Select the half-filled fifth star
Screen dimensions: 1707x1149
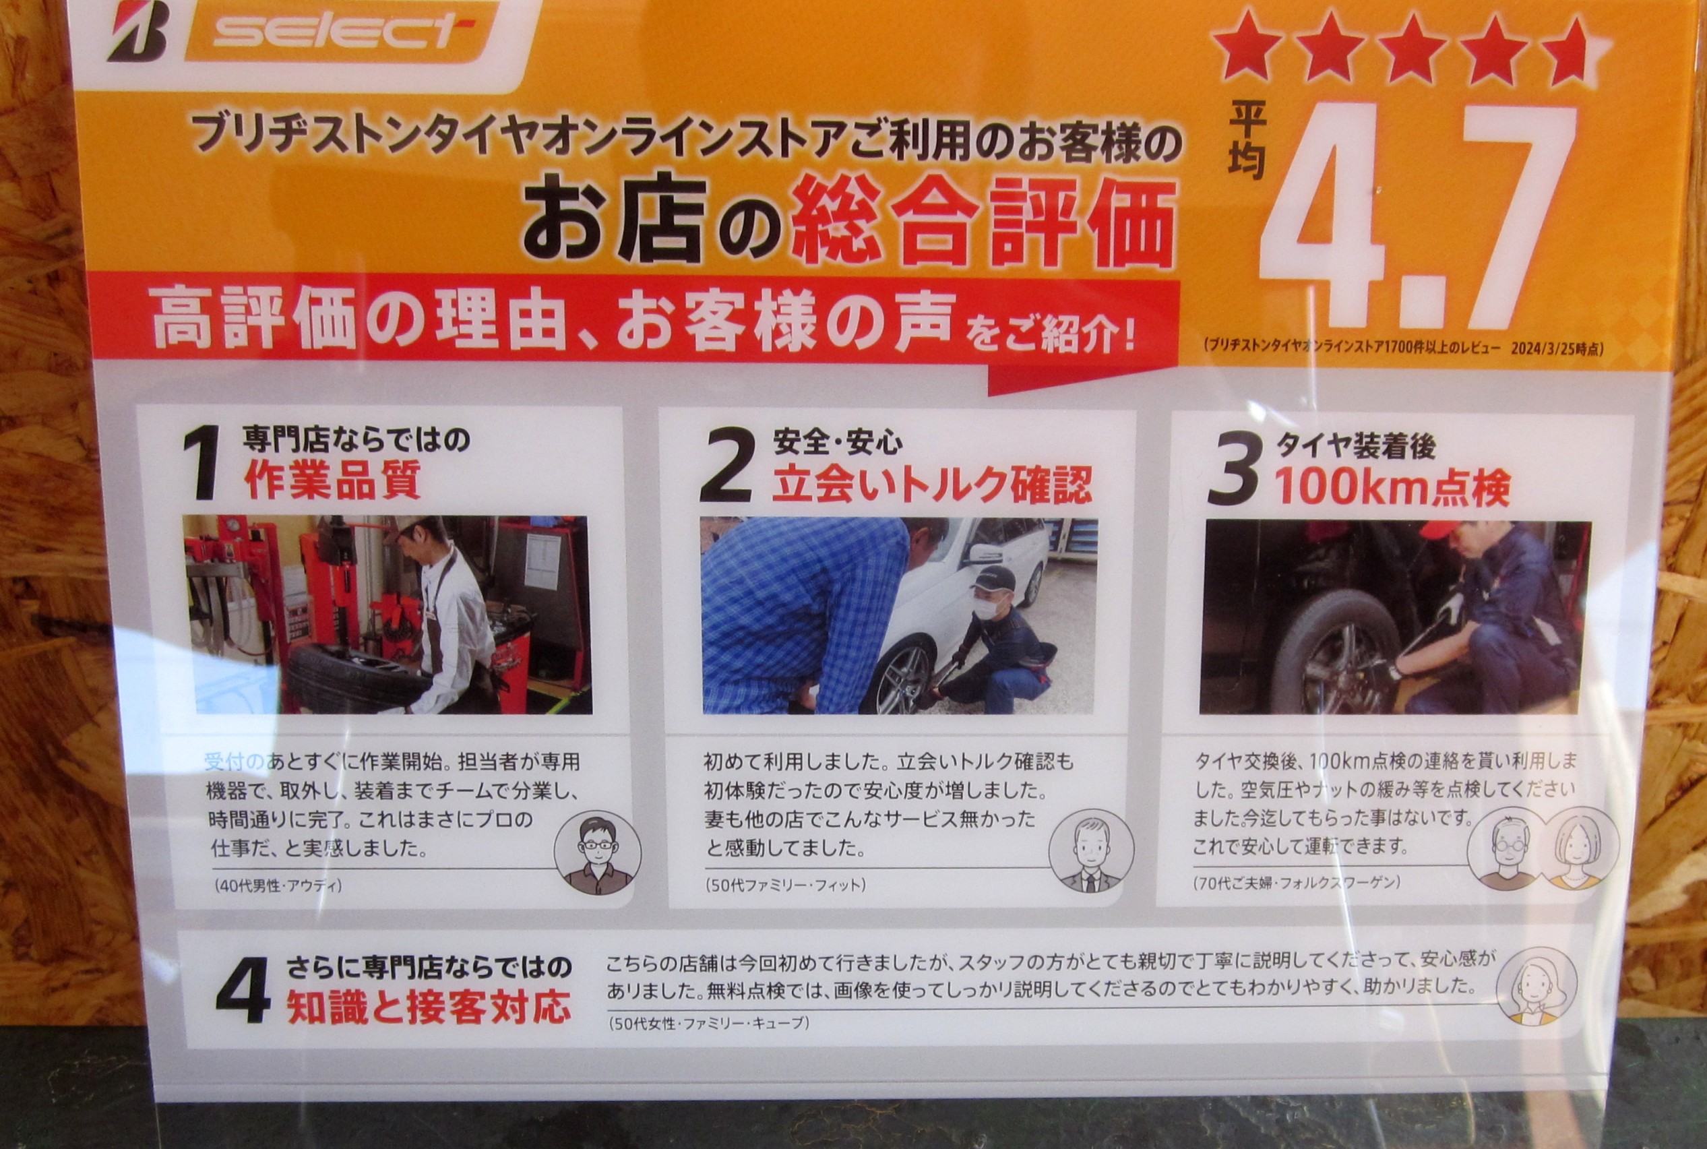click(1572, 51)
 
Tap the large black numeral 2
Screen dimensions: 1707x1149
click(725, 466)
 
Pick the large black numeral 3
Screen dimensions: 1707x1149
click(1234, 470)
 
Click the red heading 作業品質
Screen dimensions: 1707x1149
click(334, 480)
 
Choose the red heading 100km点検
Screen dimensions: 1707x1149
click(1392, 487)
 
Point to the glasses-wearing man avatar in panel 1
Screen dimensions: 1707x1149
click(597, 853)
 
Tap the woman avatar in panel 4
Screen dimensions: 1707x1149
click(1535, 986)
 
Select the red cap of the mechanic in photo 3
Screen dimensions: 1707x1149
click(1439, 530)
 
